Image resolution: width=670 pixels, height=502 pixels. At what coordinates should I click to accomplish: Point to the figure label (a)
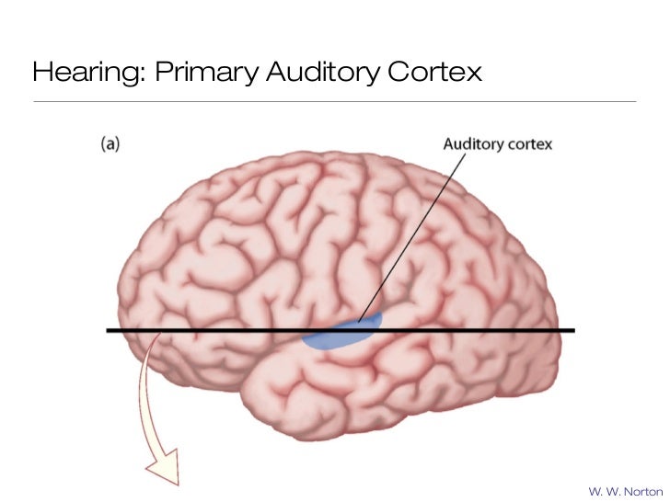coord(110,143)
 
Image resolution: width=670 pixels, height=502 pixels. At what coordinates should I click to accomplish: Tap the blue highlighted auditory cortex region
coord(341,335)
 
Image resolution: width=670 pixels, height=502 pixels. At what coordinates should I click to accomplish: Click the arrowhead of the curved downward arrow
coord(158,467)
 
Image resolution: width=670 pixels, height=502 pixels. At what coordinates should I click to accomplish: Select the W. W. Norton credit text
coord(623,490)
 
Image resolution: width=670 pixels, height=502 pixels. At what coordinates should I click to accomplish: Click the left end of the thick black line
coord(109,330)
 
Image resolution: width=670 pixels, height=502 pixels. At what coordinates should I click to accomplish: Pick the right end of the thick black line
coord(572,330)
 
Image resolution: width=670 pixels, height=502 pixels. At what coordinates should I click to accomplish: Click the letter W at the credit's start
coord(593,490)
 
